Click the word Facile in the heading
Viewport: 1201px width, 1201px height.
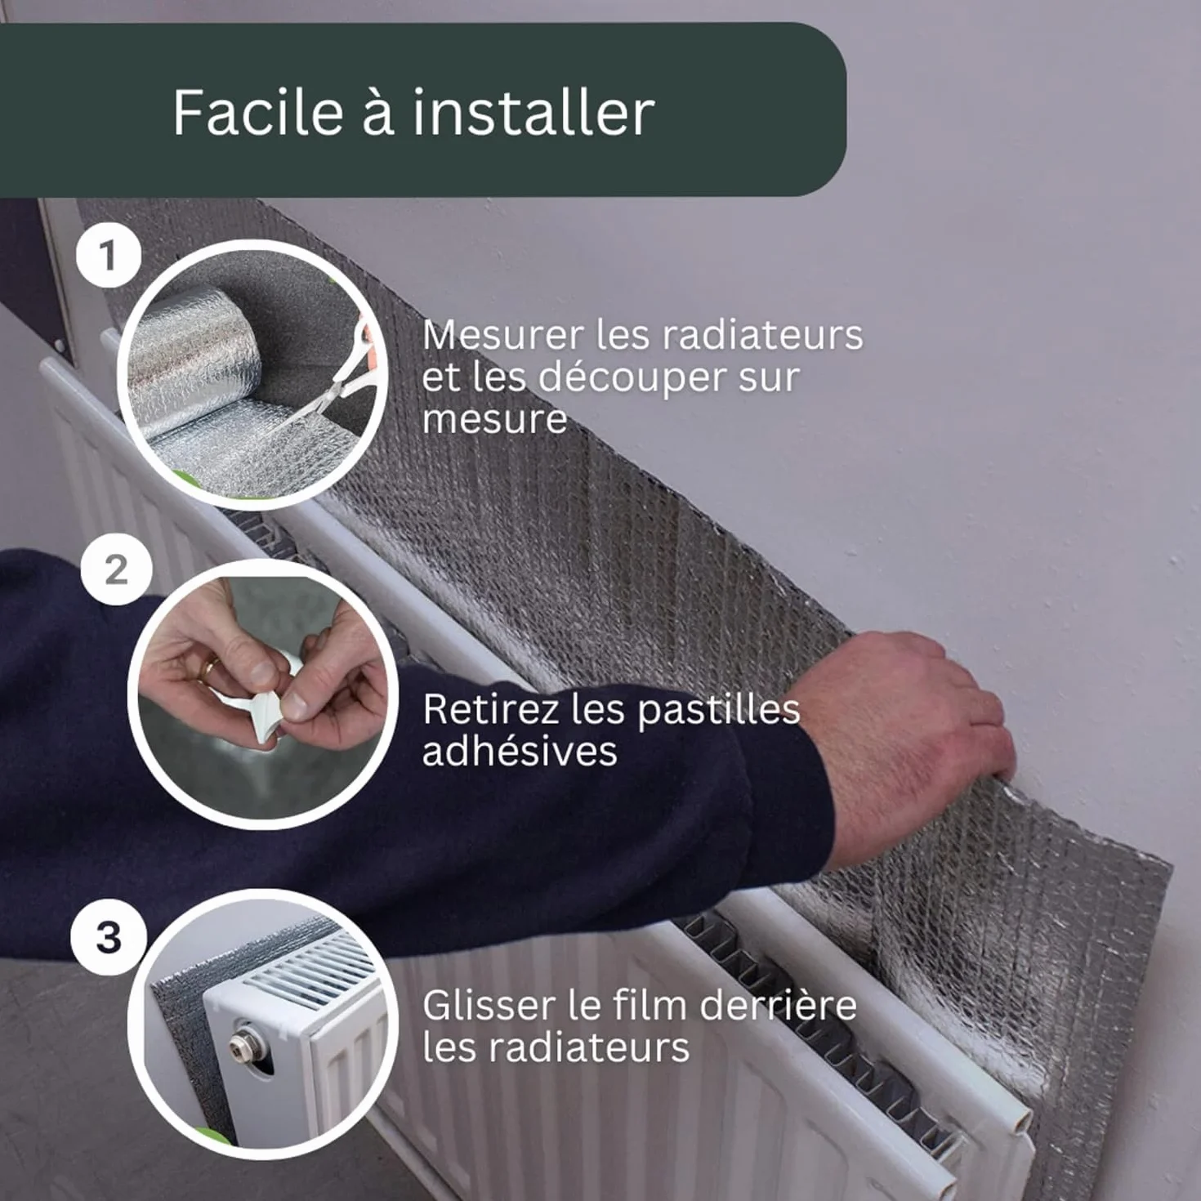pyautogui.click(x=258, y=112)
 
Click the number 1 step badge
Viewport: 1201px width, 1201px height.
pyautogui.click(x=109, y=257)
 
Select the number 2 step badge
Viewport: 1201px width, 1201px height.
pyautogui.click(x=117, y=569)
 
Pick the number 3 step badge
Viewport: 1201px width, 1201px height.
pyautogui.click(x=109, y=937)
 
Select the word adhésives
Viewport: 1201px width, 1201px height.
pyautogui.click(x=520, y=750)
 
